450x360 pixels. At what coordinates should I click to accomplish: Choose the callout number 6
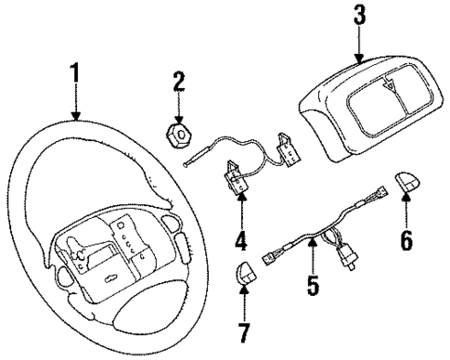(405, 240)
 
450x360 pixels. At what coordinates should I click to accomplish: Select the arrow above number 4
(241, 209)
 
